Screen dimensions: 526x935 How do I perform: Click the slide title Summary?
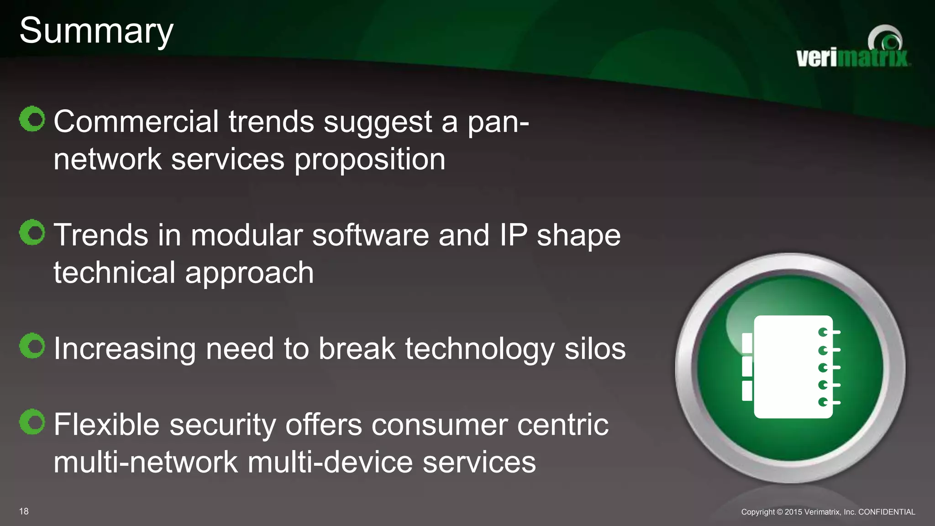96,31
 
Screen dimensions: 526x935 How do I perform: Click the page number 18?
24,511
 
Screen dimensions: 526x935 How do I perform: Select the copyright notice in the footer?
828,512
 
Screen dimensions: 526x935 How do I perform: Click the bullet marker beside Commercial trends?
32,119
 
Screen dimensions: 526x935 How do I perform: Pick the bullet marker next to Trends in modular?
32,232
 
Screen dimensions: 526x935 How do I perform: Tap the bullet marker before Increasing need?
32,346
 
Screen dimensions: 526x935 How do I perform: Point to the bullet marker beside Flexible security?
32,422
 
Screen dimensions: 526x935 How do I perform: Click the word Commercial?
136,122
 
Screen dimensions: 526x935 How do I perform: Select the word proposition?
370,160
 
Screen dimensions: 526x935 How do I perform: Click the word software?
370,235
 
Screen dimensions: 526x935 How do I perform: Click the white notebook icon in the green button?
793,367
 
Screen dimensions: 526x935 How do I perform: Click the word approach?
249,273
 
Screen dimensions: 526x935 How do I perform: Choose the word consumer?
439,425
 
